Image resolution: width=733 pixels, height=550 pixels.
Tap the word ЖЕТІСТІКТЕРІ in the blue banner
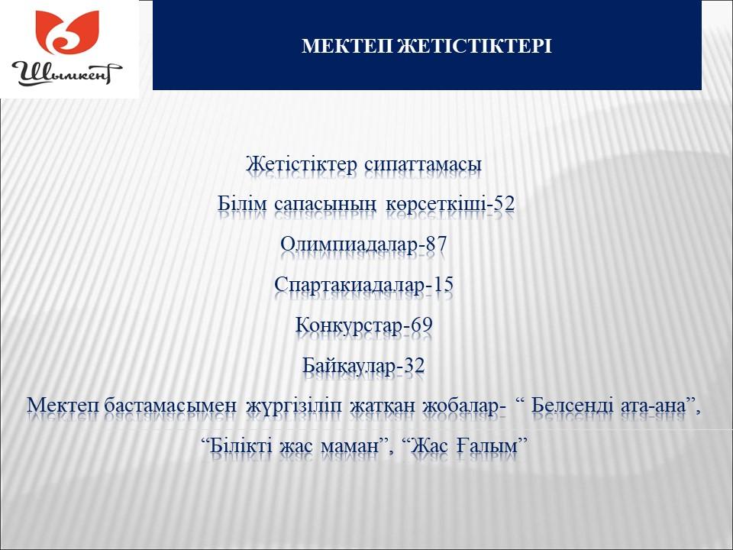pos(474,46)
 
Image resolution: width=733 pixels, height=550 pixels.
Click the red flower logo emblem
pos(67,32)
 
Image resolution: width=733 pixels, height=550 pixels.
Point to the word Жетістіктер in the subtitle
pos(302,164)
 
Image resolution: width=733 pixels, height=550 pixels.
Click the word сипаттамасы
pos(423,165)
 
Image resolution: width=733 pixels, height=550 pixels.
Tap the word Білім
pos(242,203)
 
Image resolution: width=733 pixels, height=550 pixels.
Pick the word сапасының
pos(325,205)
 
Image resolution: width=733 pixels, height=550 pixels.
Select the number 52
pos(504,203)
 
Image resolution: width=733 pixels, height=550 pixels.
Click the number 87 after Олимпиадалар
pos(436,244)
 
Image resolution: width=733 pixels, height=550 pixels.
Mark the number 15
pos(443,284)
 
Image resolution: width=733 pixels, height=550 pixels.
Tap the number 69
pos(421,325)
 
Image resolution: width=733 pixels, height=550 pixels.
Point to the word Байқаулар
pos(349,366)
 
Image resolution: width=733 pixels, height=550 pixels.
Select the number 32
pos(414,365)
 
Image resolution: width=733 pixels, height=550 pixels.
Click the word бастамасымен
pos(170,406)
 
